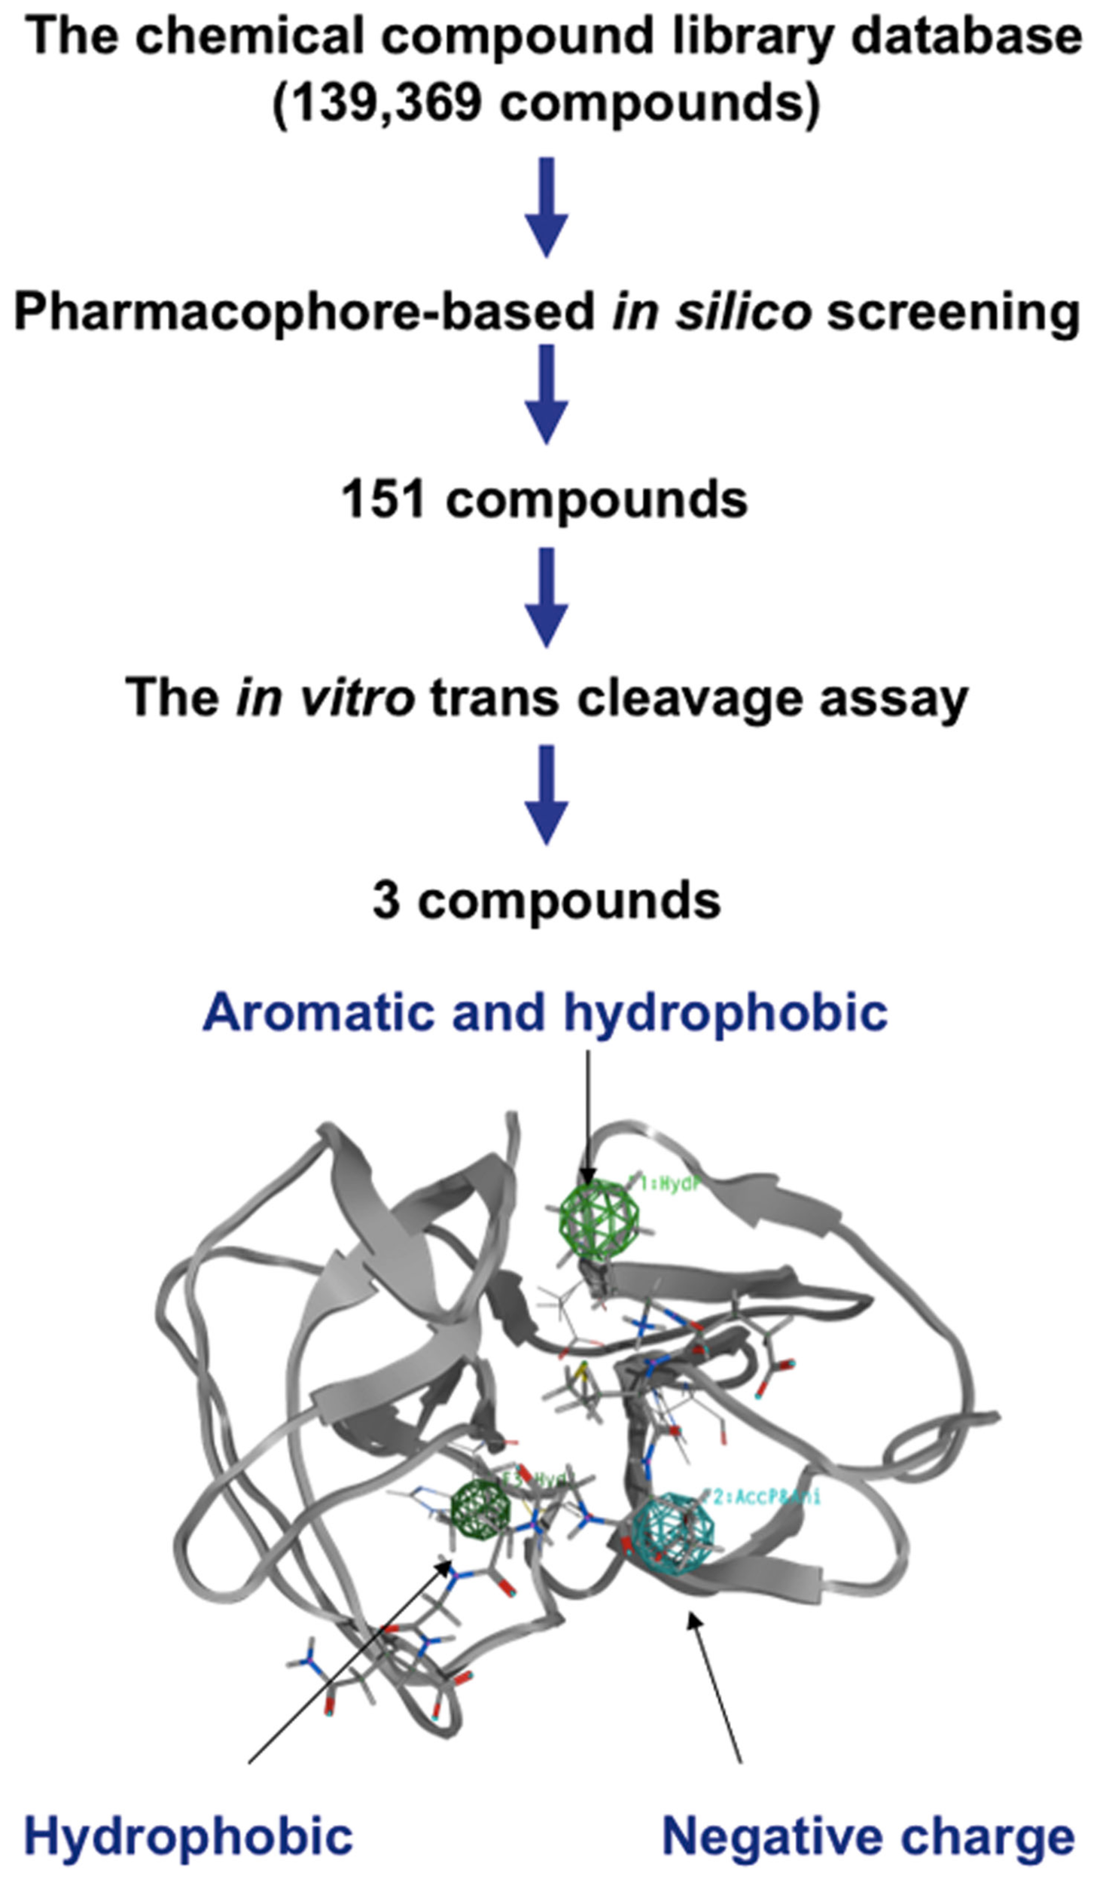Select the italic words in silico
(x=711, y=312)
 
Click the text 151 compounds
(x=544, y=500)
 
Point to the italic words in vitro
(x=325, y=697)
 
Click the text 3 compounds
(x=547, y=900)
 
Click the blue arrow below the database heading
(x=546, y=206)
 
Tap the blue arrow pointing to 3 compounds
(x=546, y=795)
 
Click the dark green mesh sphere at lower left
(x=480, y=1509)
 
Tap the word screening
(x=953, y=312)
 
